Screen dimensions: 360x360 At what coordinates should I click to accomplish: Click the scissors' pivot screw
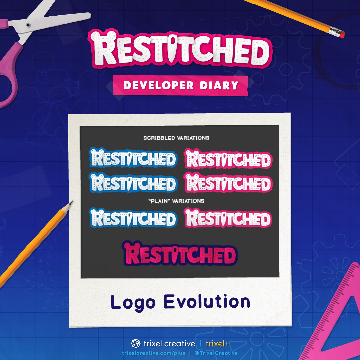[x=28, y=25]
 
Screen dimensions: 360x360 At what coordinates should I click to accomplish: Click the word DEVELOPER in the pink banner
[x=159, y=85]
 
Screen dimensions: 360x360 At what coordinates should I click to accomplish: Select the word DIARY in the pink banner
[x=219, y=85]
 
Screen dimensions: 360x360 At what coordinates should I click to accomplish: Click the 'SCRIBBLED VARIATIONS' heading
[x=176, y=138]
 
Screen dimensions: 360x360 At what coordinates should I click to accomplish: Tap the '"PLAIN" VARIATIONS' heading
[x=176, y=201]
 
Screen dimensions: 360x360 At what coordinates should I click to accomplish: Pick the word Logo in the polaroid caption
[x=133, y=303]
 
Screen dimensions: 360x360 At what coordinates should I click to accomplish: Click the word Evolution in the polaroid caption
[x=207, y=301]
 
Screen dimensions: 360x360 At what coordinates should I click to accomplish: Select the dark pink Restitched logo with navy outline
[x=180, y=253]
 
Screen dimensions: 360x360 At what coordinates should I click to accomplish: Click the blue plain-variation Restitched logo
[x=133, y=218]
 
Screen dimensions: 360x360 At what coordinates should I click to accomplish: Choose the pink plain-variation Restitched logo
[x=228, y=218]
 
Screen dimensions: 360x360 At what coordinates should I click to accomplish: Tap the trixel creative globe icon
[x=136, y=343]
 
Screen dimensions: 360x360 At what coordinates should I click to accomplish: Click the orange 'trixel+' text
[x=217, y=344]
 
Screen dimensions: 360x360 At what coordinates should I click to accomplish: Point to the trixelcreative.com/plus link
[x=154, y=353]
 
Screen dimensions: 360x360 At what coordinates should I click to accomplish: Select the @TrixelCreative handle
[x=216, y=353]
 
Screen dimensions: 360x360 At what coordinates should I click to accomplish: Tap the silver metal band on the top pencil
[x=334, y=31]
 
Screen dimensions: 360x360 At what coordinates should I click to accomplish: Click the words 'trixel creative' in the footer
[x=169, y=344]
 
